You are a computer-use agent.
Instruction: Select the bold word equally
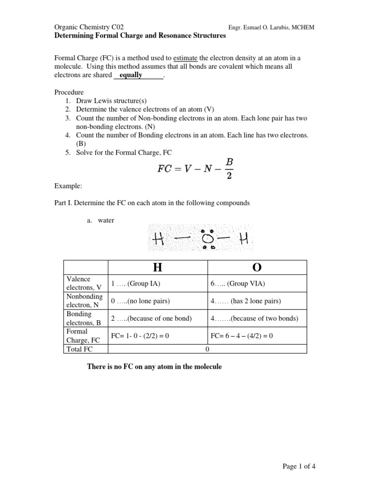click(x=131, y=75)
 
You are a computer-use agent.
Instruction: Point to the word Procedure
click(x=69, y=92)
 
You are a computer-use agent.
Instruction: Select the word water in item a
click(x=106, y=221)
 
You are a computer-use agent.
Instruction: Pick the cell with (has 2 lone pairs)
click(x=246, y=301)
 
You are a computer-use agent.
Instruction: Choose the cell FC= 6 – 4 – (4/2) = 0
click(x=242, y=336)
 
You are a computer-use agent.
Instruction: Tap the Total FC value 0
click(x=207, y=349)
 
